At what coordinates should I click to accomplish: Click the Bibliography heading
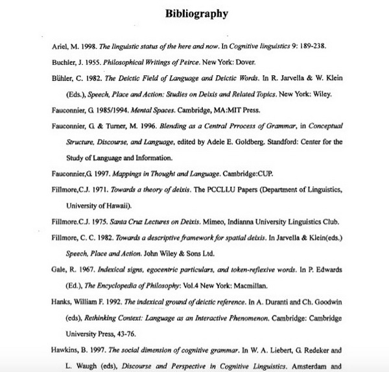pos(196,13)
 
